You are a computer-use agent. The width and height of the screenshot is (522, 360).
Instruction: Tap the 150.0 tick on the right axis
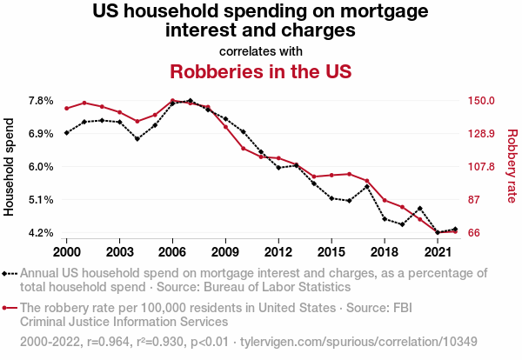pos(482,101)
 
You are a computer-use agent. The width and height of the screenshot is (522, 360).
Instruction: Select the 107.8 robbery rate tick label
pos(482,167)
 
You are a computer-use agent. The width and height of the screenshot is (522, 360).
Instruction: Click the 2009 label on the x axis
pos(225,251)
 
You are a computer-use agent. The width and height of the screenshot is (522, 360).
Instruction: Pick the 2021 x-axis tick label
pos(438,251)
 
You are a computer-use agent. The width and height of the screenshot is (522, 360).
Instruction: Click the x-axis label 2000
pos(66,251)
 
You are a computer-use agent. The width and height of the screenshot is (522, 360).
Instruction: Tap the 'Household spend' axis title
pos(10,167)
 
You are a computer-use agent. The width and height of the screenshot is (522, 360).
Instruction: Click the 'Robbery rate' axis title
pos(512,167)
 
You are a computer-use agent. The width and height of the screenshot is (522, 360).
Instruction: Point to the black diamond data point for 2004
pos(137,138)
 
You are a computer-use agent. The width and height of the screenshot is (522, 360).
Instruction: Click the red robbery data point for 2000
pos(66,108)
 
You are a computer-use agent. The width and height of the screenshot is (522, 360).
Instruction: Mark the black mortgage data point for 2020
pos(420,209)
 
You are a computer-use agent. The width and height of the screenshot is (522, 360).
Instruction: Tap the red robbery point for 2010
pos(244,149)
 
